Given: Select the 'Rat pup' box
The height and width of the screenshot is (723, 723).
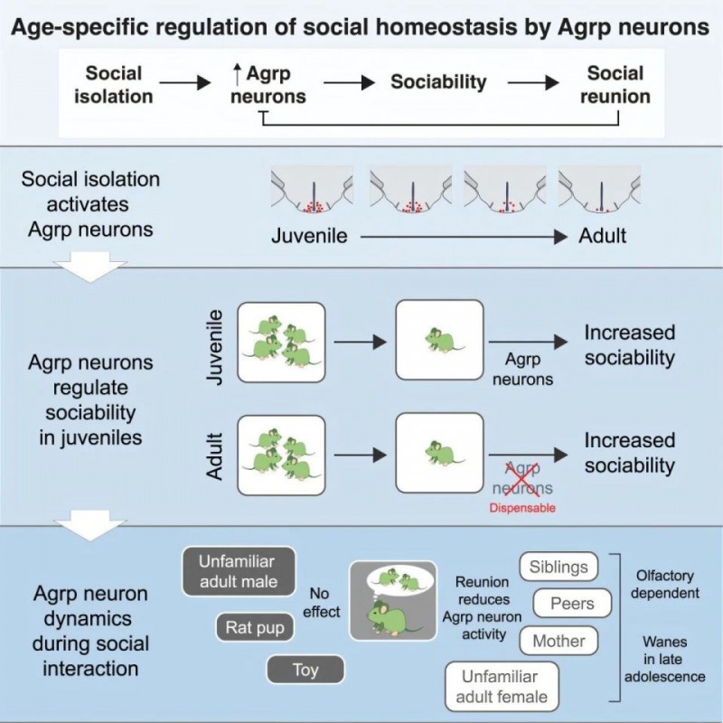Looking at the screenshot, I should tap(254, 625).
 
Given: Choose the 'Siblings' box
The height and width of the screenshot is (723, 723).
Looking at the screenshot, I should tap(559, 568).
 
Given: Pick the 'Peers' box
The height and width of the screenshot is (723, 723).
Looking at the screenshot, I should tap(572, 603).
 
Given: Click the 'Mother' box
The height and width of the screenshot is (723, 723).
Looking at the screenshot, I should tap(559, 641).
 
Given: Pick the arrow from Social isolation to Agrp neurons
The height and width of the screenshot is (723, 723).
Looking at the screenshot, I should tap(186, 82).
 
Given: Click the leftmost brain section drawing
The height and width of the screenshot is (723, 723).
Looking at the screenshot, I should tap(312, 194).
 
